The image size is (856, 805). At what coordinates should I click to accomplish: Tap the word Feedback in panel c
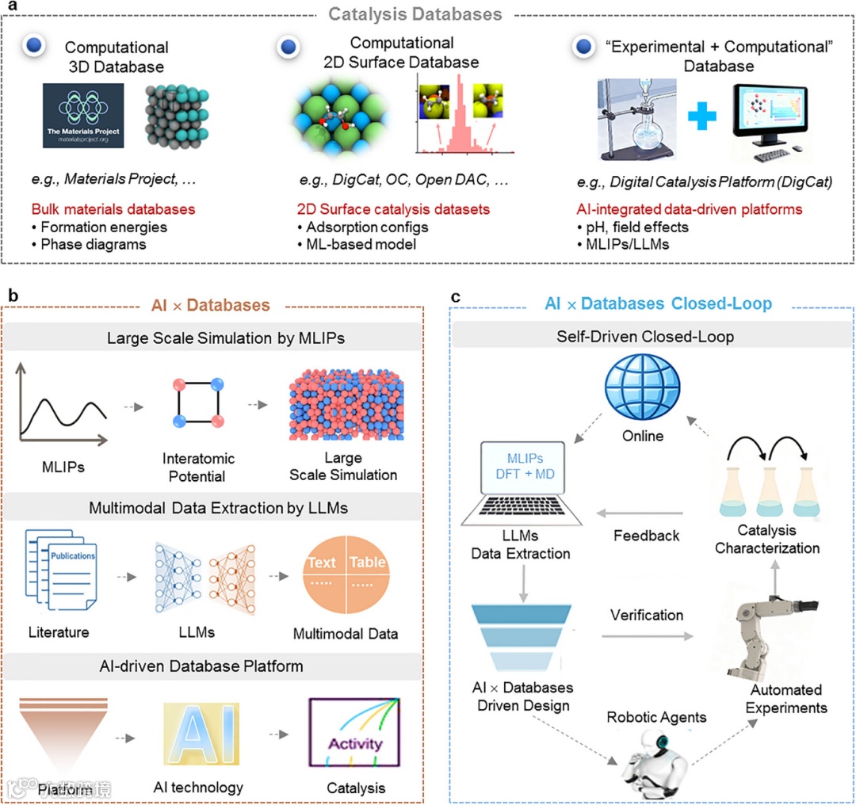[x=646, y=536]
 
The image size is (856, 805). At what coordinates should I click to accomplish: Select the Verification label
[x=646, y=614]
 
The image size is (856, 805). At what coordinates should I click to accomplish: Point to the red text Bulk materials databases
[x=113, y=209]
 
